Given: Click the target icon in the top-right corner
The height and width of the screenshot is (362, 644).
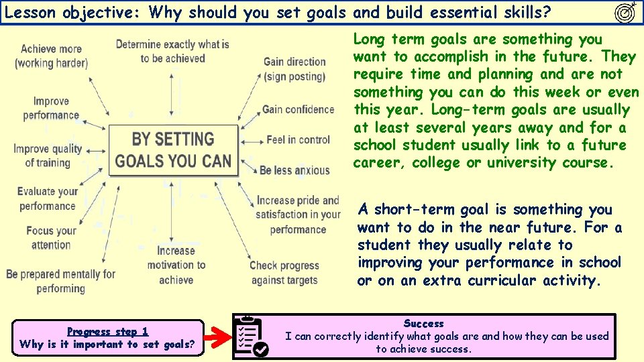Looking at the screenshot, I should click(x=625, y=12).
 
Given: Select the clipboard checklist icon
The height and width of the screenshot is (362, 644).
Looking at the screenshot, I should click(x=252, y=336).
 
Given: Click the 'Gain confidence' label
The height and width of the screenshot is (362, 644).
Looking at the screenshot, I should click(x=298, y=109).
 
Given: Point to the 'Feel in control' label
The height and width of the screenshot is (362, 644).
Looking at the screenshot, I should click(x=298, y=140).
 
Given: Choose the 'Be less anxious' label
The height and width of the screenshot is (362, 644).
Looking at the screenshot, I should click(x=294, y=170).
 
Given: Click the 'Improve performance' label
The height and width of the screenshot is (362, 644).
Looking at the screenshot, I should click(x=51, y=108).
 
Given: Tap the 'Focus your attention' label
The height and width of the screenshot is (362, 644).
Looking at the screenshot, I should click(x=51, y=237).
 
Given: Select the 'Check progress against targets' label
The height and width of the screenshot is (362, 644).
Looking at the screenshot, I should click(x=284, y=273).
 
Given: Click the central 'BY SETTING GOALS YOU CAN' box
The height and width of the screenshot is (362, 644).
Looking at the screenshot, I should click(x=173, y=150).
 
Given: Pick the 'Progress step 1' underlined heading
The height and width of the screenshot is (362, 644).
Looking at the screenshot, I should click(x=107, y=331).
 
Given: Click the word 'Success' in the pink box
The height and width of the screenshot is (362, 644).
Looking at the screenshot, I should click(x=423, y=324).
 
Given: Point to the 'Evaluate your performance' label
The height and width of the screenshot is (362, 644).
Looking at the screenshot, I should click(x=48, y=199).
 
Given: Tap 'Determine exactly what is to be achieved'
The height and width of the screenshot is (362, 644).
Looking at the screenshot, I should click(x=172, y=51).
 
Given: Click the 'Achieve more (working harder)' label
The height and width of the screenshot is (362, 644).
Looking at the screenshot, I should click(x=51, y=56).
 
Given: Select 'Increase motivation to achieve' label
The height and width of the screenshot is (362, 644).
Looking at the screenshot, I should click(x=176, y=265).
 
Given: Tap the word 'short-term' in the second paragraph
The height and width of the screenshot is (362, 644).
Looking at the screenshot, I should click(x=415, y=210).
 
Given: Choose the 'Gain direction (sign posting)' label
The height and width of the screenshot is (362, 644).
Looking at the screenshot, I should click(x=294, y=69).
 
